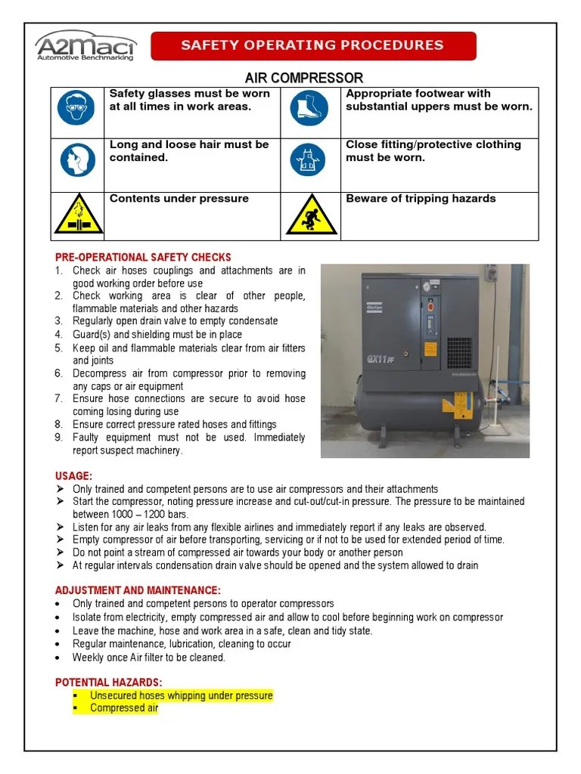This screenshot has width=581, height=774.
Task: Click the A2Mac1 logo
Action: coord(86,45)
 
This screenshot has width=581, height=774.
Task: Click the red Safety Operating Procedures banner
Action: coord(312,45)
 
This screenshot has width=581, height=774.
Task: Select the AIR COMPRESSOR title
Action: coord(303,78)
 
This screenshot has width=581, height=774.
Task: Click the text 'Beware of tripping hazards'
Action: coord(421,199)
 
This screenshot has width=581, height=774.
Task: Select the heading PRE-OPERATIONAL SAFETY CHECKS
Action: coord(143,258)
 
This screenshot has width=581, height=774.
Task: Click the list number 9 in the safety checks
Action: coord(58,438)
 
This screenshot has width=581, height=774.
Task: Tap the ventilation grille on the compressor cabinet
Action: coord(458,352)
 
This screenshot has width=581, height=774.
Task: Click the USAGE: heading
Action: coord(74,475)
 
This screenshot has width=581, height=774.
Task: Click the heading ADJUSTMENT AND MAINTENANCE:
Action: coord(138,590)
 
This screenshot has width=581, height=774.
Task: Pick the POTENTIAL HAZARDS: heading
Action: coord(109,683)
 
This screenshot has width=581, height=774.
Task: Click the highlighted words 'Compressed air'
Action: coord(124,708)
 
